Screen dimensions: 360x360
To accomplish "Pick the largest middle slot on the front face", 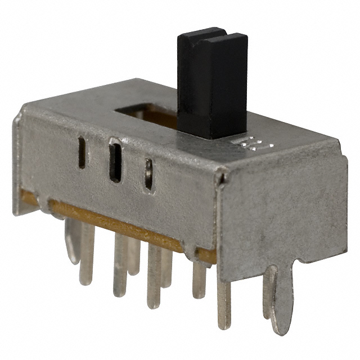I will (x=115, y=161).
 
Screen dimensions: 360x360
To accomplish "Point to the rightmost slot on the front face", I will (x=148, y=174).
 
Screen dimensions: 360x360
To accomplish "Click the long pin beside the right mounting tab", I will (x=224, y=304).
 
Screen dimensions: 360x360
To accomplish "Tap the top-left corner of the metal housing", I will (x=19, y=115).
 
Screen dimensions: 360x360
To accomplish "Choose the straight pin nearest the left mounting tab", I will (x=87, y=253).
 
